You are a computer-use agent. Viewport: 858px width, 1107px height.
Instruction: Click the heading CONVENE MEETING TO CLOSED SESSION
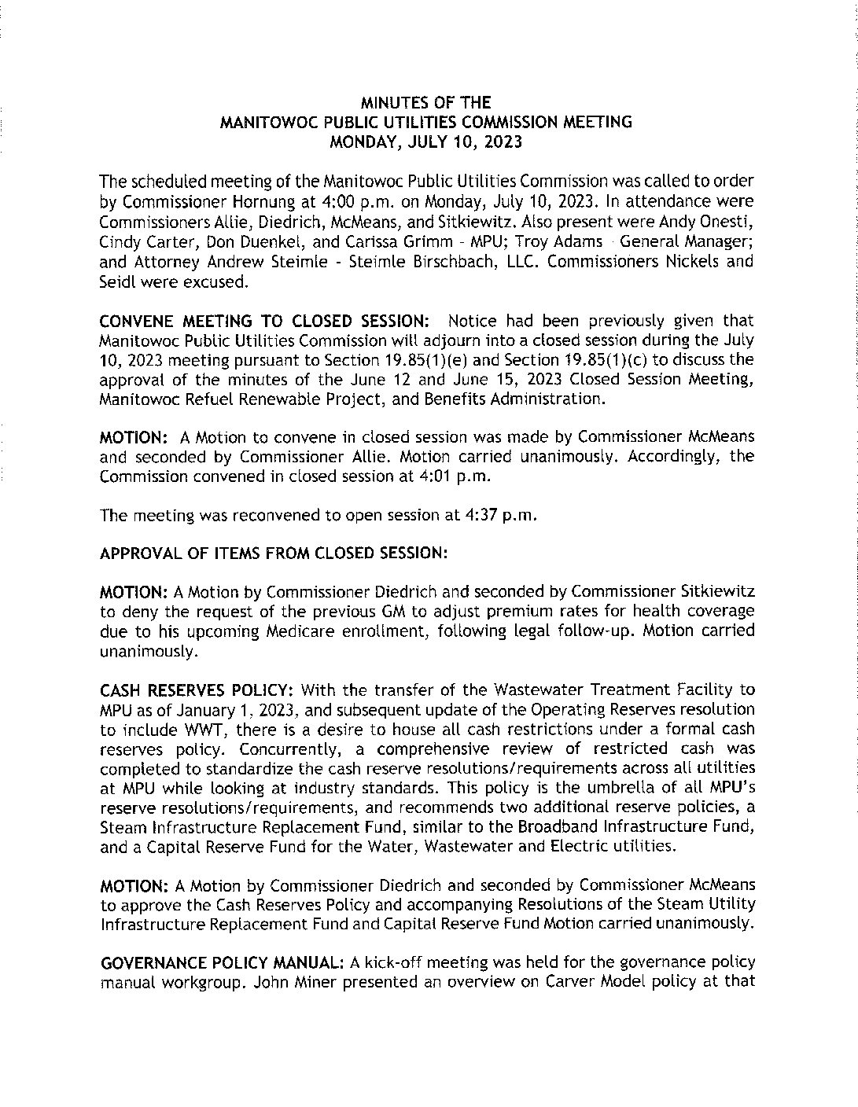click(x=264, y=321)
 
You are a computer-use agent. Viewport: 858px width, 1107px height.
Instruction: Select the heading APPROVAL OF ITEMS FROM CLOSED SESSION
click(x=274, y=553)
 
